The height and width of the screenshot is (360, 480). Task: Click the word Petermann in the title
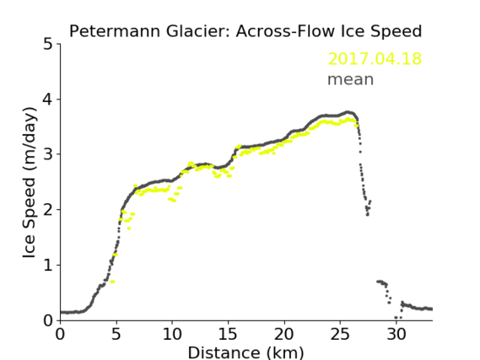point(115,31)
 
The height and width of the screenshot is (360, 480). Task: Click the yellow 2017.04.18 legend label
point(375,59)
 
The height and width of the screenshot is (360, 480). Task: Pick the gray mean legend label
point(351,79)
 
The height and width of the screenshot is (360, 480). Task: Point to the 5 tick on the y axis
point(48,45)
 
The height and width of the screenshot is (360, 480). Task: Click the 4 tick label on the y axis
point(48,99)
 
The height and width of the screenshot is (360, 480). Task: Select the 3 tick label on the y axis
point(48,154)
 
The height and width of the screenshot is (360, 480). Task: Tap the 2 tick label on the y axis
point(48,210)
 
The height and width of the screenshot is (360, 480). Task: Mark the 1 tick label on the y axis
point(48,266)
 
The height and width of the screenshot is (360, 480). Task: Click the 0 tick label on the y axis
point(48,320)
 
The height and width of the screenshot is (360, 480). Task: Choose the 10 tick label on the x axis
point(172,334)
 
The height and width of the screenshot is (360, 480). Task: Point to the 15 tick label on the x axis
point(228,334)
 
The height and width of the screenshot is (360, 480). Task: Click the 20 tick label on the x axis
point(284,334)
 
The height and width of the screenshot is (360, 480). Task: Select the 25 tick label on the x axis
point(340,334)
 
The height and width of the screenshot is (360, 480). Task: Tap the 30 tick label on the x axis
point(396,334)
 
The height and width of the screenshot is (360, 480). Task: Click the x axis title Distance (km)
point(245,352)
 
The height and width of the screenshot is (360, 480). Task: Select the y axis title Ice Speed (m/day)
point(30,183)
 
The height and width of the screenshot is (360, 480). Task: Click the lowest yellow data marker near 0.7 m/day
point(112,282)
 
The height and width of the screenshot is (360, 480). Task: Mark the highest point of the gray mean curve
point(348,112)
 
